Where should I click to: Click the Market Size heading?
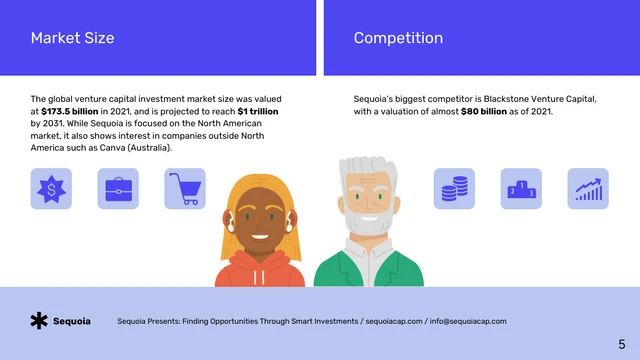point(72,38)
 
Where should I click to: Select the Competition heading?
point(398,38)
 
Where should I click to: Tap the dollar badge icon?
point(51,188)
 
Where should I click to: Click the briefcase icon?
point(118,188)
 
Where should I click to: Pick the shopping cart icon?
point(185,188)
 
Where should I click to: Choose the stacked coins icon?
point(454,188)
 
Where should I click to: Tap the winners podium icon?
point(521,188)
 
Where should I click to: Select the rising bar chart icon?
point(588,188)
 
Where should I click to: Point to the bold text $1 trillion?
point(257,112)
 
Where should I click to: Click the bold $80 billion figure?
point(489,112)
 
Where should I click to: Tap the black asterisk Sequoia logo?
point(39,321)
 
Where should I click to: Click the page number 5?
point(621,343)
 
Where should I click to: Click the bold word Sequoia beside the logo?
point(72,321)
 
